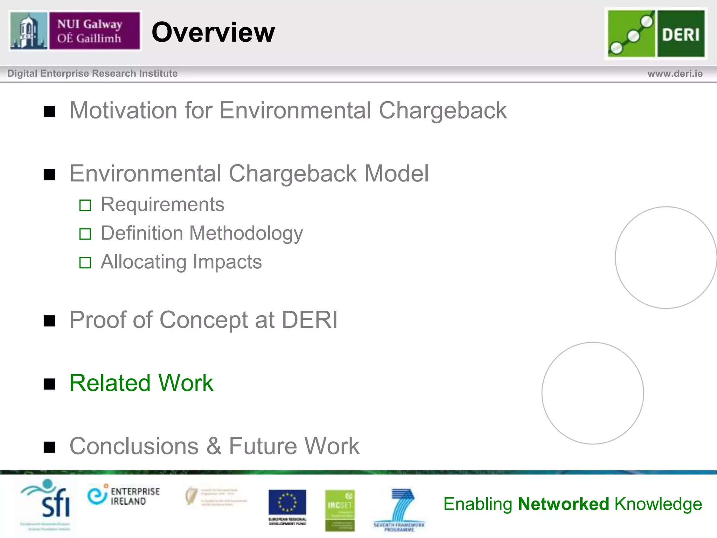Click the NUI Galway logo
75,31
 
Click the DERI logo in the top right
656,34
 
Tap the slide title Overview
213,32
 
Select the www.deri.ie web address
675,74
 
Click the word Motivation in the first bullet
123,111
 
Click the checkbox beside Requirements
85,205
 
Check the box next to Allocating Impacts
85,263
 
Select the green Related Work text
141,383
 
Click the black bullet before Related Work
49,384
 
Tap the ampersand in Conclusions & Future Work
214,446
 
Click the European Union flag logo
287,503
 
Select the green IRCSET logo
340,510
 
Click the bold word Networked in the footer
564,504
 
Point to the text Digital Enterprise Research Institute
92,74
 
